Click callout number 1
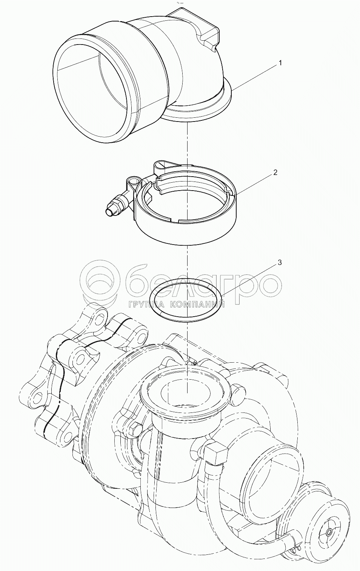click(280, 63)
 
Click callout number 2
click(275, 172)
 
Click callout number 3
click(279, 263)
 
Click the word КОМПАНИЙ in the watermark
click(196, 305)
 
